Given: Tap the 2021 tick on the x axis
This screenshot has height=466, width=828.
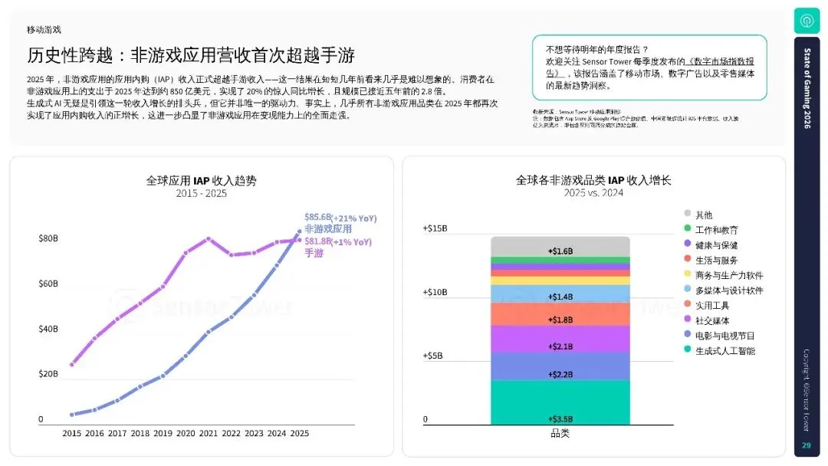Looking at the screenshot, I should click(x=208, y=433).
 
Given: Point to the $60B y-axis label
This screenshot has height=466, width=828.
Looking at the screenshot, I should click(x=48, y=284).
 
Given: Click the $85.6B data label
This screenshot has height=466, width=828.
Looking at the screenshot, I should click(x=317, y=218).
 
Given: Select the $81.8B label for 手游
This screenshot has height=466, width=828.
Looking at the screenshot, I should click(x=317, y=241).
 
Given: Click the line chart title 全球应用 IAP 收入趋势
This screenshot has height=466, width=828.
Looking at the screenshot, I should click(x=202, y=181).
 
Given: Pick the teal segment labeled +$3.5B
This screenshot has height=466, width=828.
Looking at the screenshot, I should click(x=560, y=418).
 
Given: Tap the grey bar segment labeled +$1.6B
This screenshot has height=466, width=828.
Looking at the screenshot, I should click(x=560, y=251).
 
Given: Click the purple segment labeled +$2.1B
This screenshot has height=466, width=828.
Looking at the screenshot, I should click(x=560, y=346).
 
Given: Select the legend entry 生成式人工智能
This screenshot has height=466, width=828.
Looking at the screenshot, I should click(x=724, y=351).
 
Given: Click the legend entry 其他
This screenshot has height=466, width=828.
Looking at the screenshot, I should click(x=704, y=215).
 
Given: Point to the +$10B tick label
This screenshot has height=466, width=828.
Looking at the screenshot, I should click(x=434, y=292).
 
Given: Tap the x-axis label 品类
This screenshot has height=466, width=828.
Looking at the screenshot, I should click(x=560, y=434).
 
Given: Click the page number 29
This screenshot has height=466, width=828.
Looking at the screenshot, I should click(x=806, y=446).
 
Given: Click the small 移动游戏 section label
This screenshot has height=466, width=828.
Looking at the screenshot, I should click(x=44, y=30).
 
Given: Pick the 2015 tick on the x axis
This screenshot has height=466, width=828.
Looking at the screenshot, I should click(x=71, y=433).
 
